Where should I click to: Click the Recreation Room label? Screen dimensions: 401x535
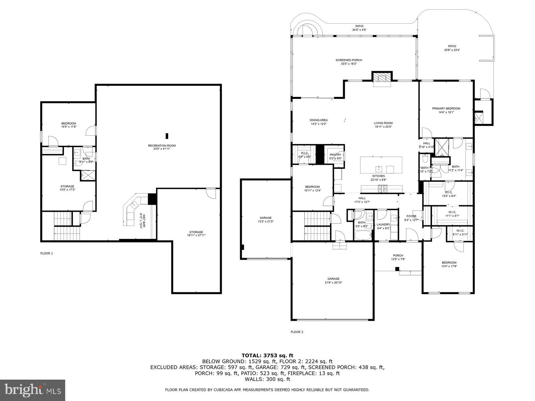point(162,147)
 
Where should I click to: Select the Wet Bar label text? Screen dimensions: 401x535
point(143,221)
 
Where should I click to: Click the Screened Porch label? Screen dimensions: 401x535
point(349,62)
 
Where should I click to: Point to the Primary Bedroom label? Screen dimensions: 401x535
point(446,110)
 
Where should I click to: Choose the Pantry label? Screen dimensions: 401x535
point(335,156)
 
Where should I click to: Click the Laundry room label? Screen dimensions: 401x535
point(383,226)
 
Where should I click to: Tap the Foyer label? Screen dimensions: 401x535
point(411,218)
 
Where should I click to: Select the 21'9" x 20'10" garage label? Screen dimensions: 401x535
point(333,280)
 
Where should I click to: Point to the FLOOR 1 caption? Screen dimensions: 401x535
point(46,253)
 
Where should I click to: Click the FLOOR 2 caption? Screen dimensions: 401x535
point(297,332)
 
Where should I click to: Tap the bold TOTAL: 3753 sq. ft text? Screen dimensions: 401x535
point(267,355)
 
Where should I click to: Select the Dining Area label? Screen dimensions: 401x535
point(319,122)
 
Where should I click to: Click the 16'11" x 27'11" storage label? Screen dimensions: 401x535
point(196,234)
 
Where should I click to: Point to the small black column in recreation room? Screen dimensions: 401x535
point(167,136)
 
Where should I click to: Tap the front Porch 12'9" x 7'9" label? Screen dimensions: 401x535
point(398,257)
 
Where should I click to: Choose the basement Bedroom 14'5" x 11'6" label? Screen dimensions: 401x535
point(69,125)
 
